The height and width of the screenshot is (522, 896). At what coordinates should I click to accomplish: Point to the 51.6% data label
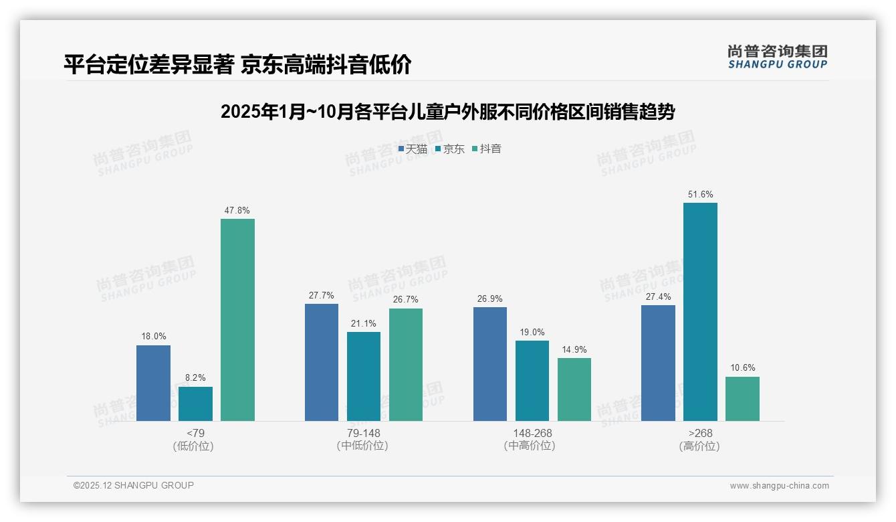coord(700,195)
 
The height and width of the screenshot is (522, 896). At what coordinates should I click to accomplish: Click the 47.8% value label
coord(237,210)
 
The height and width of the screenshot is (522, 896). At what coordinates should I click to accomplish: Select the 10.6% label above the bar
coord(742,368)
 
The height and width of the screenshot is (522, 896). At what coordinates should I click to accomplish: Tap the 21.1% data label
coord(363,324)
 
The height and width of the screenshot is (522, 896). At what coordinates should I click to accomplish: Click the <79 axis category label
coord(195,433)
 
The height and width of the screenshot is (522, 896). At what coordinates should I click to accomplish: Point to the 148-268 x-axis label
coord(532,433)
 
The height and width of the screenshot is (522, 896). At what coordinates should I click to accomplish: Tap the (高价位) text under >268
coord(700,446)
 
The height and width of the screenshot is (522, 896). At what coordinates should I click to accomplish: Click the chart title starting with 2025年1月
coord(447,112)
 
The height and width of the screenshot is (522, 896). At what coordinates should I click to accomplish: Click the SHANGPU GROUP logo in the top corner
coord(777,57)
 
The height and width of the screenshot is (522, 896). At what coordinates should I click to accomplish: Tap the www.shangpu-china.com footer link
coord(779,486)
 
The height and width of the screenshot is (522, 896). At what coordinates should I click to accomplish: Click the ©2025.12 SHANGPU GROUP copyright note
coord(134,485)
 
